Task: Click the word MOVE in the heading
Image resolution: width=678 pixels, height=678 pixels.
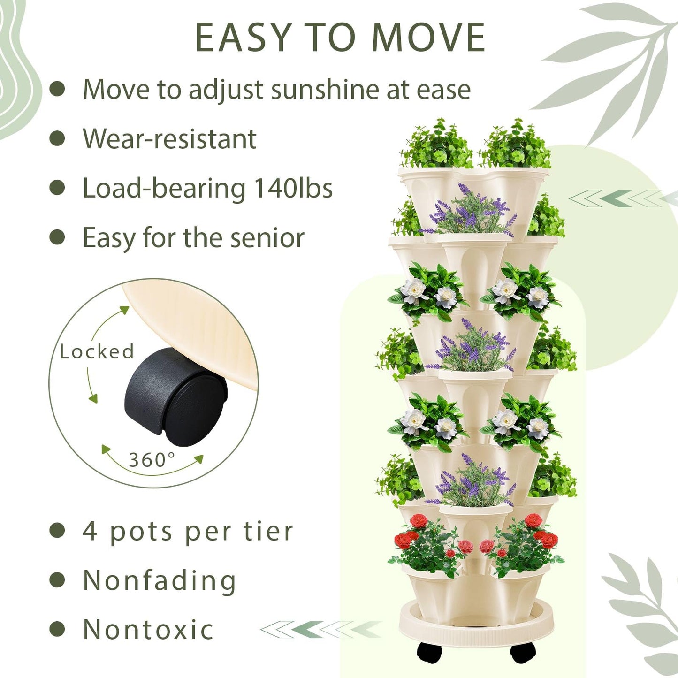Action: coord(428,38)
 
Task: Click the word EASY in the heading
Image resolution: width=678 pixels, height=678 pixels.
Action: coord(244,38)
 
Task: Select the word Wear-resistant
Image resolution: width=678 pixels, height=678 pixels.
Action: coord(169,139)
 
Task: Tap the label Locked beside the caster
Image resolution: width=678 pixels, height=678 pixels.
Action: coord(97,351)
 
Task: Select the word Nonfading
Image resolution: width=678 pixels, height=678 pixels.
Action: coord(159,581)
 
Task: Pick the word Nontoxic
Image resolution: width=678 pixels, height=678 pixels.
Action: coord(148,630)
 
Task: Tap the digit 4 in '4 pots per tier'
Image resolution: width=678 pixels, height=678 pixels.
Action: coord(89,531)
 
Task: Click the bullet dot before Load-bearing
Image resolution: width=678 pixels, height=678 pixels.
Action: coord(57,188)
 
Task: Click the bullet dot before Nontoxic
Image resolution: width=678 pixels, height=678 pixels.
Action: coord(57,629)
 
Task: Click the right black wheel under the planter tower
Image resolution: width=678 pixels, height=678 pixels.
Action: coord(523,652)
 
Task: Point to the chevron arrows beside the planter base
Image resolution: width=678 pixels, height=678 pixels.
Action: coord(321,629)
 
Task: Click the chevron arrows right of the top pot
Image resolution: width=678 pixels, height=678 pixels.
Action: coord(619,198)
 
